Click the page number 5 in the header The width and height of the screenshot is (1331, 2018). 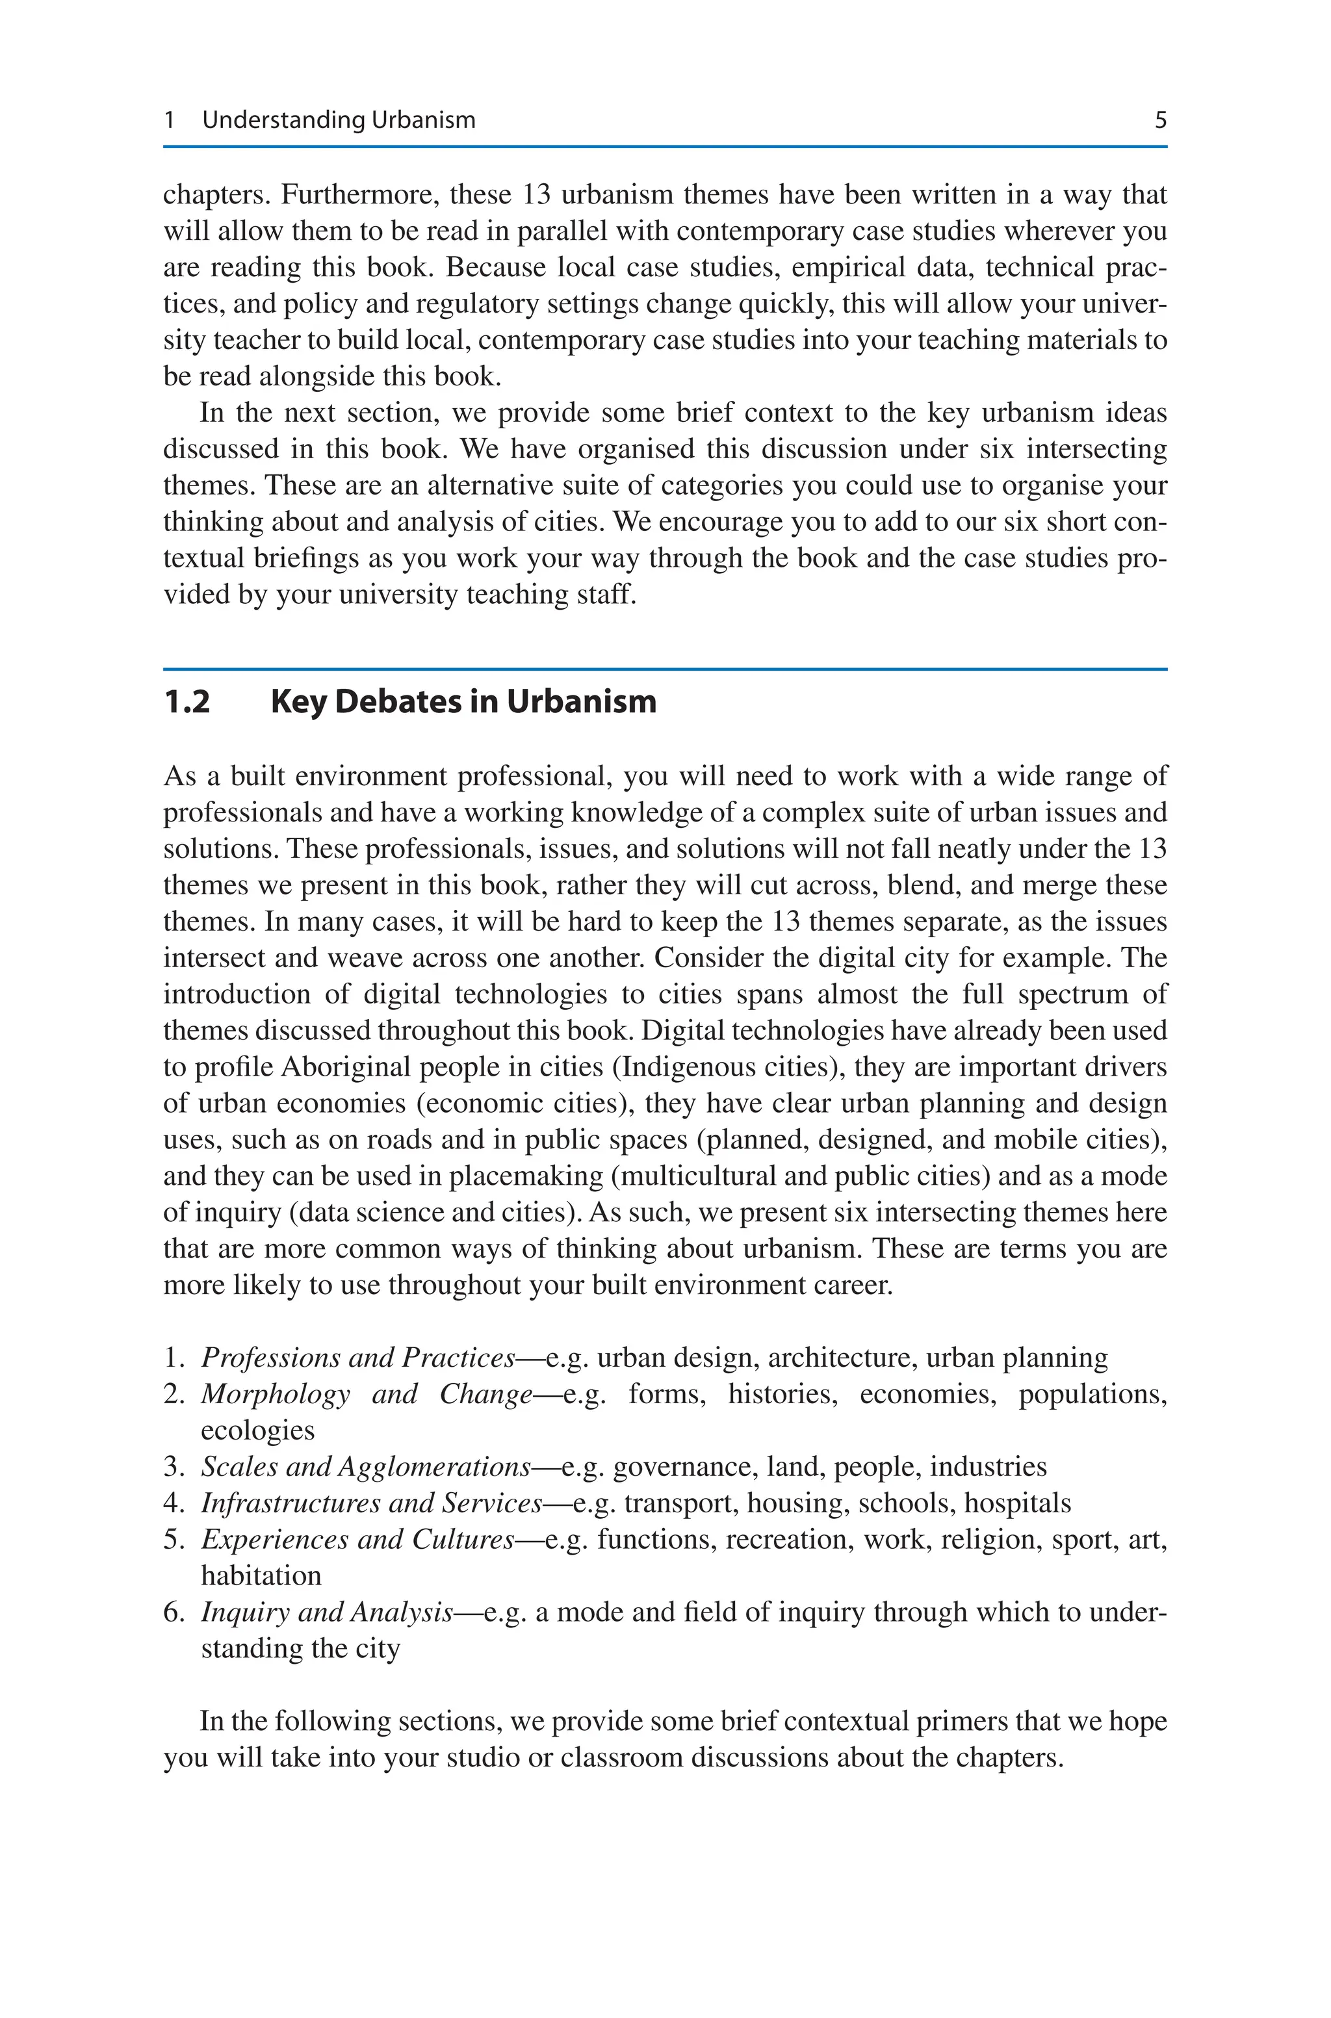(x=1160, y=120)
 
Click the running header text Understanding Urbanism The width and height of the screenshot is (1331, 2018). (x=339, y=120)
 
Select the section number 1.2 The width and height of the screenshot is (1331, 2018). (x=187, y=702)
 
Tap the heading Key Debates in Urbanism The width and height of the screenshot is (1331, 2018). (x=463, y=702)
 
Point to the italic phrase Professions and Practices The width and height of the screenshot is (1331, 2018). (x=358, y=1358)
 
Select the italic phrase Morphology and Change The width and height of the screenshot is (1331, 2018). (x=367, y=1394)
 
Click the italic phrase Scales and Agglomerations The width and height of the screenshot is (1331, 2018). (x=366, y=1466)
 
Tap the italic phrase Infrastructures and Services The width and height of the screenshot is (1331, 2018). (x=372, y=1503)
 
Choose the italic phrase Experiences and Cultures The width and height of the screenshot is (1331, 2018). (x=358, y=1540)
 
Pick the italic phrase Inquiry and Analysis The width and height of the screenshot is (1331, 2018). (x=327, y=1612)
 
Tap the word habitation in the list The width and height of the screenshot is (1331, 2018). (x=261, y=1576)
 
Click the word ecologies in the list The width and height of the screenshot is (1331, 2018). (x=258, y=1430)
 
